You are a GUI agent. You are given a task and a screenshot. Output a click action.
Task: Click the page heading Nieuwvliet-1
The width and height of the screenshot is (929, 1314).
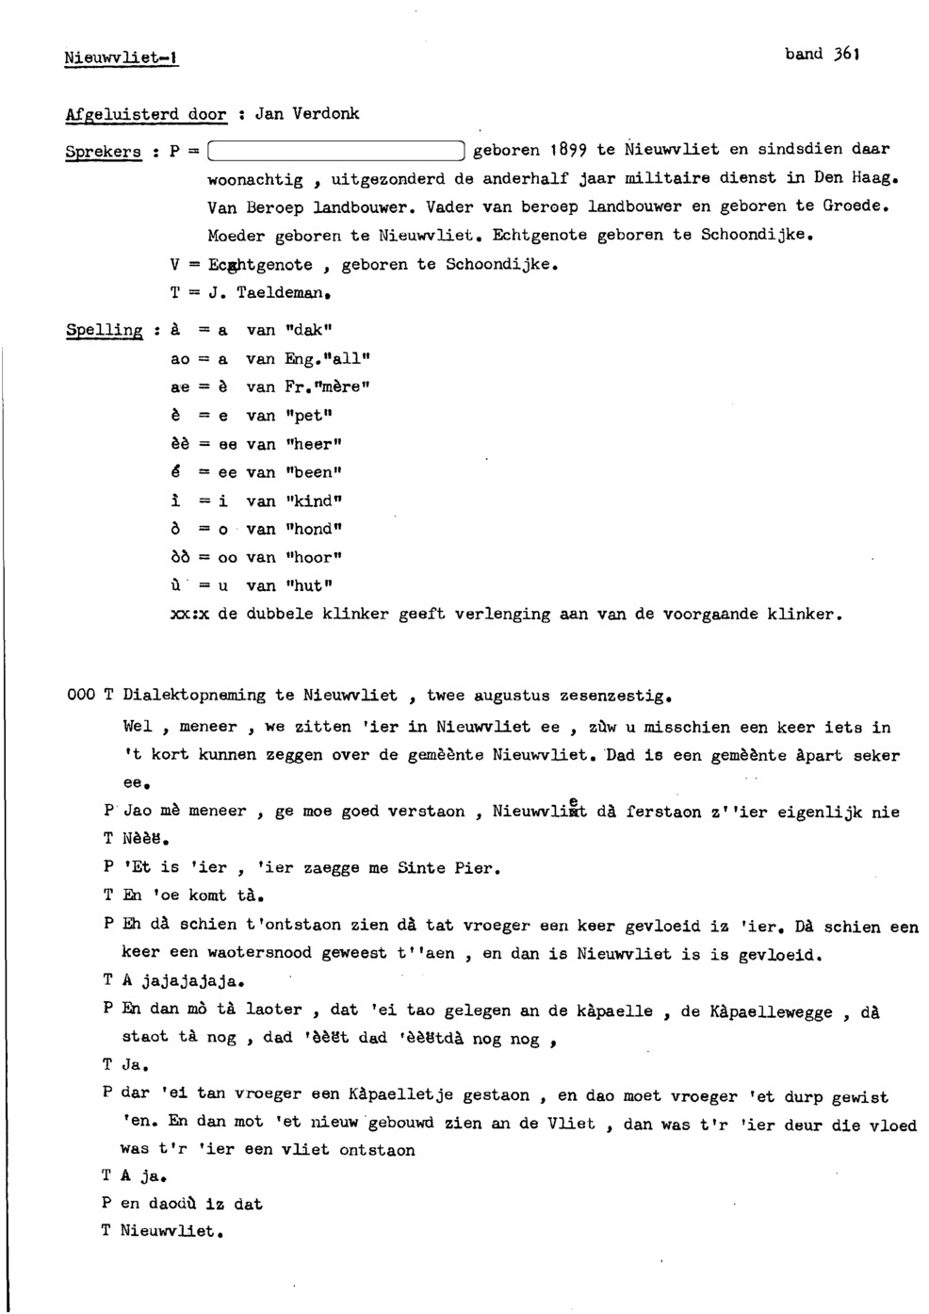pos(121,58)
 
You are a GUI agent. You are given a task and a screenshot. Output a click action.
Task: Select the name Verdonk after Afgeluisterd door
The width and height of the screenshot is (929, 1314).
pos(325,114)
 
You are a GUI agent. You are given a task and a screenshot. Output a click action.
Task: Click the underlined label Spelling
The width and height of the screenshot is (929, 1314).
pos(104,331)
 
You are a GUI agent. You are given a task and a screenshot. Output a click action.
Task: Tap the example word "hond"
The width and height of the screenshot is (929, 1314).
pos(314,529)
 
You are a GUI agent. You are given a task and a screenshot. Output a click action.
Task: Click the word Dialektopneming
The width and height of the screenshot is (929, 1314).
pos(194,696)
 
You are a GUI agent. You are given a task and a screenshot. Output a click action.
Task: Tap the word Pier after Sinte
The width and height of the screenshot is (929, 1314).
pos(473,868)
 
